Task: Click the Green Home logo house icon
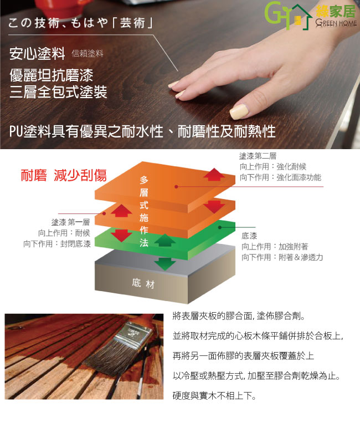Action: (x=301, y=17)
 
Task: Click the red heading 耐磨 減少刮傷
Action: (x=64, y=175)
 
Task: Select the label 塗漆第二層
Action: (x=258, y=156)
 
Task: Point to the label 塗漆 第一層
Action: (x=70, y=222)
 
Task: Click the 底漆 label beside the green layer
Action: (x=249, y=236)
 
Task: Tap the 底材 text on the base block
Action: (x=143, y=283)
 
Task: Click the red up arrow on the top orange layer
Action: (x=214, y=174)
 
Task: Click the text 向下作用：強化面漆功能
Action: (x=280, y=177)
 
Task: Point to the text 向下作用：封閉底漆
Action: (x=57, y=244)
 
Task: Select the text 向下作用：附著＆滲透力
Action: (x=282, y=257)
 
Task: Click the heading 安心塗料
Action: (x=37, y=53)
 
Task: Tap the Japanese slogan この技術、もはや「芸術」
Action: (x=80, y=23)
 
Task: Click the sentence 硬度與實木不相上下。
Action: (x=214, y=396)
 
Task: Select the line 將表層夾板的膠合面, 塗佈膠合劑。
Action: (x=239, y=316)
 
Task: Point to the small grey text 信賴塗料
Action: (x=88, y=53)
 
